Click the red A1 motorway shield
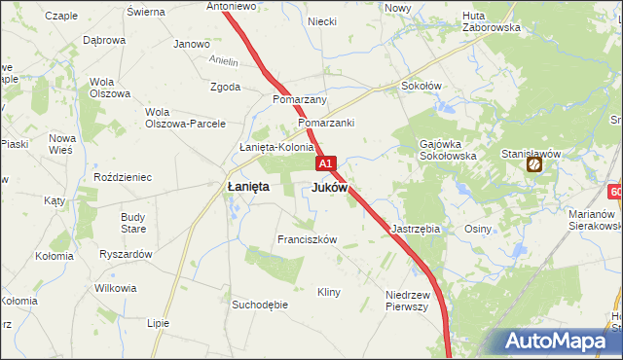click(x=326, y=164)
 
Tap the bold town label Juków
click(x=329, y=188)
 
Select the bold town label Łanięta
click(x=248, y=187)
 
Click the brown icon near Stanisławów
click(x=534, y=166)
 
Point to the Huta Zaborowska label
click(x=492, y=21)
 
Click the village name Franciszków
click(x=307, y=239)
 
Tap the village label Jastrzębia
click(x=416, y=229)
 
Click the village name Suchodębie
click(x=260, y=305)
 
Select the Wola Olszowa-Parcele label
click(x=185, y=117)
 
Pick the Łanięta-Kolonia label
click(x=276, y=148)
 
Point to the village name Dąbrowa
click(x=104, y=40)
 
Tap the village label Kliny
click(x=329, y=292)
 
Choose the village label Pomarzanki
click(x=326, y=124)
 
